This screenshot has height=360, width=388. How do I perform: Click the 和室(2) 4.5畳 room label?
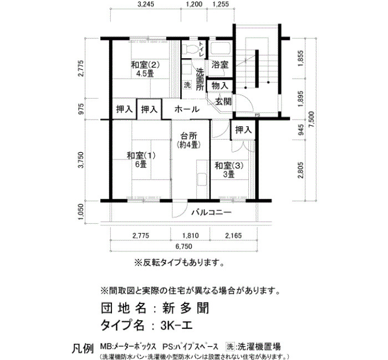tap(145, 69)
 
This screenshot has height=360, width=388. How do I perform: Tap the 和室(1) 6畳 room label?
tap(141, 160)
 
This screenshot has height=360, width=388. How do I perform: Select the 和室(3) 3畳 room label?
tap(229, 170)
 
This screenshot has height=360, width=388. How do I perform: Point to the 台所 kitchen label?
tap(188, 136)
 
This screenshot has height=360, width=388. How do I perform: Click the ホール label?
tap(187, 109)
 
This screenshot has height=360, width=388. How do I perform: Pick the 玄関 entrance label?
tap(223, 101)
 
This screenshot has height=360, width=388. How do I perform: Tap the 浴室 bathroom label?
tap(219, 65)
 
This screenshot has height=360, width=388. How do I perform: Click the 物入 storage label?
tap(219, 86)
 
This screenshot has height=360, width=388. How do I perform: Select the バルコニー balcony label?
tap(212, 212)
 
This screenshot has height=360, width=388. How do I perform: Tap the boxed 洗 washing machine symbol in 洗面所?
tap(187, 85)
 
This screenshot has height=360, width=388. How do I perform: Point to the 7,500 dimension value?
tap(312, 120)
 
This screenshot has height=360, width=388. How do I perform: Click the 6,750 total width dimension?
tap(183, 246)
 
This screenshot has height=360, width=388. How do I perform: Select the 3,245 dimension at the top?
tap(145, 4)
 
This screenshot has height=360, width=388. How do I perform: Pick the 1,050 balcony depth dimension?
tap(82, 212)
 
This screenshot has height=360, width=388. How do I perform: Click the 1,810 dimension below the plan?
tap(191, 235)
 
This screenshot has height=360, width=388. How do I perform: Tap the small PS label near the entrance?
tap(257, 115)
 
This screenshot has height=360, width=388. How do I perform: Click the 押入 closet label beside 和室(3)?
tap(243, 130)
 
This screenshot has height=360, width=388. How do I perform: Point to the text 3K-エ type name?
tap(176, 325)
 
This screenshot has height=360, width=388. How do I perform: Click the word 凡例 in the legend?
tap(83, 348)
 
